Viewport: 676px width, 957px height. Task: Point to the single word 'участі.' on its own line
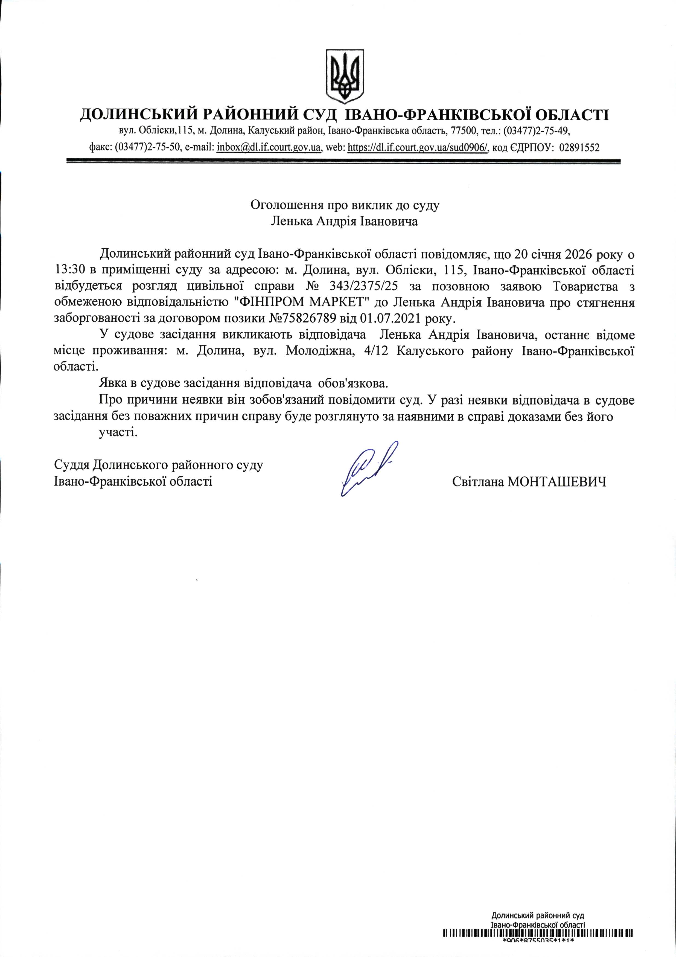click(x=118, y=432)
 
